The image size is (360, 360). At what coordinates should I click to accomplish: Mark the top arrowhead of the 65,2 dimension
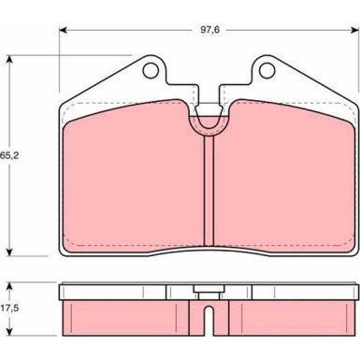pos(10,59)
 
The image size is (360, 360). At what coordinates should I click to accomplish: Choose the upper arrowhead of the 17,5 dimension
pos(10,283)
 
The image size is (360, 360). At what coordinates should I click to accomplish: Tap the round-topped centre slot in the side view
pos(208,318)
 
